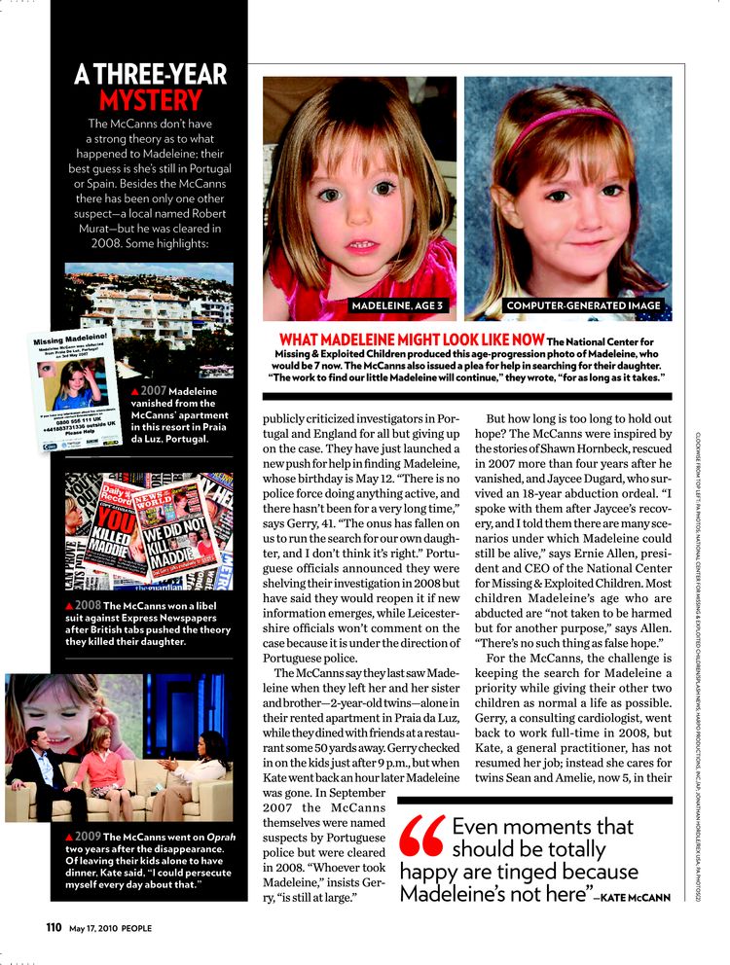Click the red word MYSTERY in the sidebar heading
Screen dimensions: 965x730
pos(151,99)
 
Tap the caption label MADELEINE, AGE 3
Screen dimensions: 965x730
pos(396,306)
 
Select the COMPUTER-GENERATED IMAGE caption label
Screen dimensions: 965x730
pos(583,306)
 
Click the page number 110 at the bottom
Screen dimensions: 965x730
pos(55,927)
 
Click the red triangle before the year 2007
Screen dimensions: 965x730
pos(134,390)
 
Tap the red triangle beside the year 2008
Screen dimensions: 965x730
pos(70,606)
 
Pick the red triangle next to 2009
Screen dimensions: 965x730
pos(70,837)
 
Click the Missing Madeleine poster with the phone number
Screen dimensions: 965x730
pos(79,385)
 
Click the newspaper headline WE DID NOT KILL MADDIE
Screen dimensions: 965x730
pos(179,545)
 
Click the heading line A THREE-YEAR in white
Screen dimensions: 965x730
pos(151,75)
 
